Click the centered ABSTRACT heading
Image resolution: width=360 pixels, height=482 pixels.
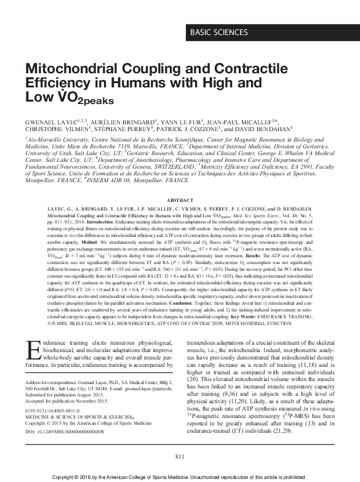(180, 201)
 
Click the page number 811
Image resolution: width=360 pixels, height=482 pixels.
(180, 456)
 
